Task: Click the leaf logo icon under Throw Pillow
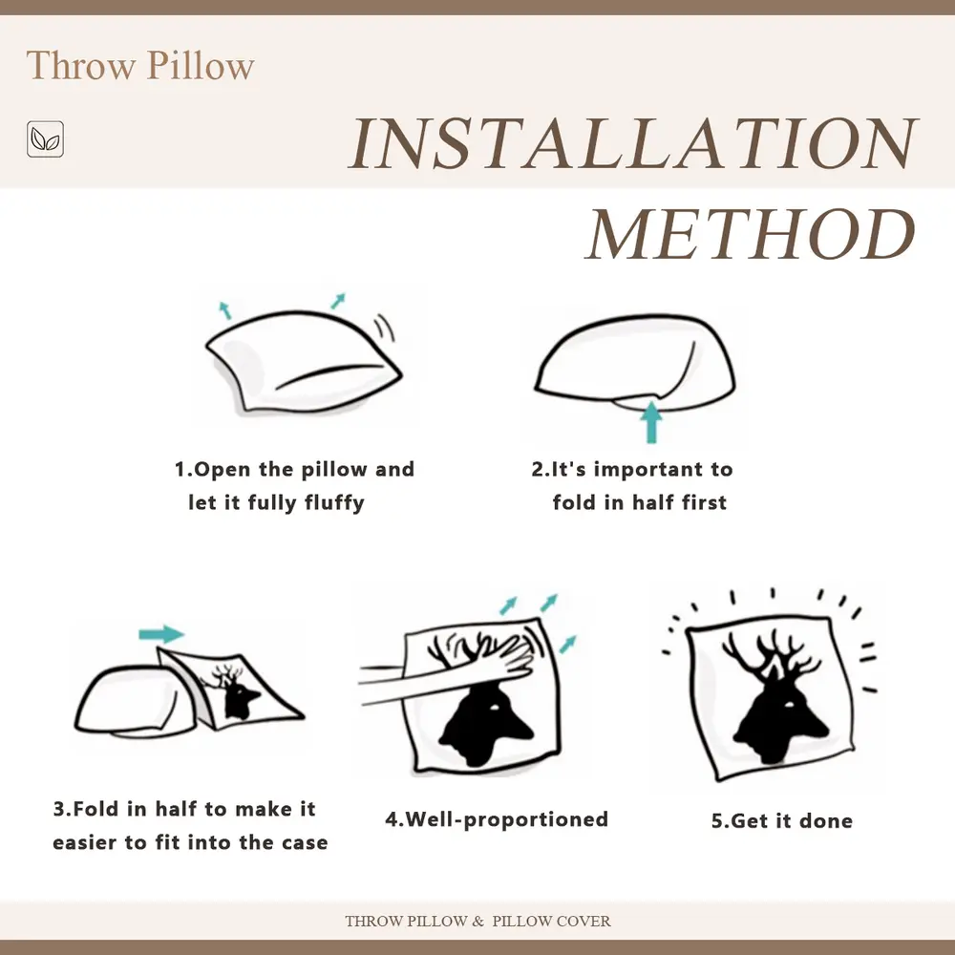pyautogui.click(x=45, y=139)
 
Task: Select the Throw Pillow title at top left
pyautogui.click(x=140, y=66)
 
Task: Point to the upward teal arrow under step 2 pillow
pyautogui.click(x=651, y=421)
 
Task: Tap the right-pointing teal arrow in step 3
pyautogui.click(x=160, y=634)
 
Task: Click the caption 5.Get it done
pyautogui.click(x=781, y=821)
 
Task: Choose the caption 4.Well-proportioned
pyautogui.click(x=497, y=819)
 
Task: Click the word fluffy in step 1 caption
pyautogui.click(x=334, y=502)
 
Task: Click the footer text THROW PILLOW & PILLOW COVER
pyautogui.click(x=477, y=922)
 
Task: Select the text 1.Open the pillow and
pyautogui.click(x=294, y=469)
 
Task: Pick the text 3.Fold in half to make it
pyautogui.click(x=184, y=809)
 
